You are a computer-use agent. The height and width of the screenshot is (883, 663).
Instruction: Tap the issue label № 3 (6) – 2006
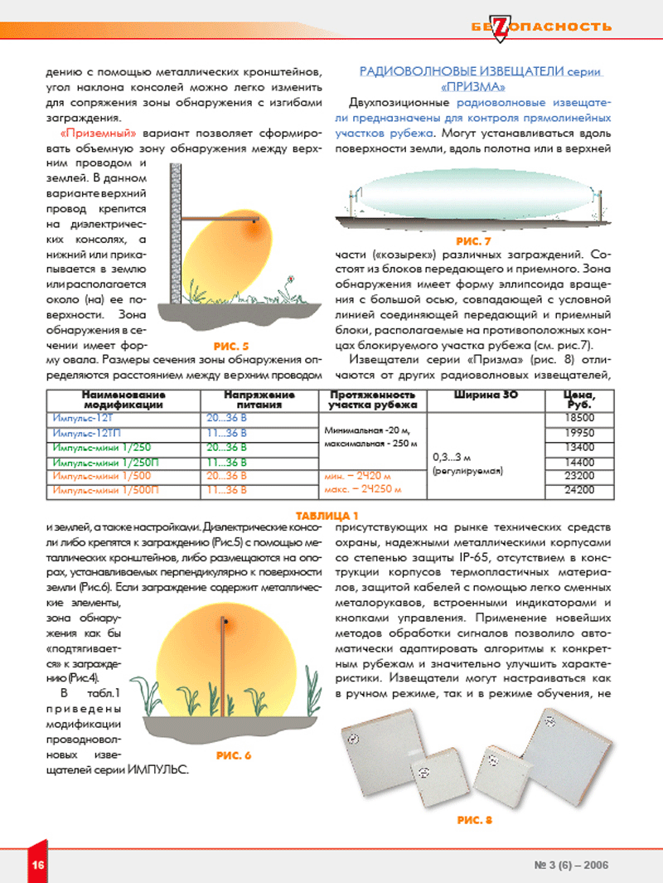(x=572, y=865)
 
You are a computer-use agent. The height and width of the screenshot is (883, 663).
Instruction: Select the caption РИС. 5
(x=231, y=345)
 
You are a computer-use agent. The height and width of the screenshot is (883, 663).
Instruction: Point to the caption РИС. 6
(x=233, y=755)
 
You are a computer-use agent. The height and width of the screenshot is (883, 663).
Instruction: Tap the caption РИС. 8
(x=474, y=820)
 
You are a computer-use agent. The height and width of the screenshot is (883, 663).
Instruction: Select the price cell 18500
(x=578, y=418)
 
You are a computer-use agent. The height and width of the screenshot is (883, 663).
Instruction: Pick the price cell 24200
(x=578, y=490)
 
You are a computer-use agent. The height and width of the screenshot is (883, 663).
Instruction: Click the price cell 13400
(x=578, y=447)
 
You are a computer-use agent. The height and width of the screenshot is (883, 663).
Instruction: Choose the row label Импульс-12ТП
(x=82, y=433)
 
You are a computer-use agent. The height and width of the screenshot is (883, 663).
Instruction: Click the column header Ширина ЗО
(x=486, y=395)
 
